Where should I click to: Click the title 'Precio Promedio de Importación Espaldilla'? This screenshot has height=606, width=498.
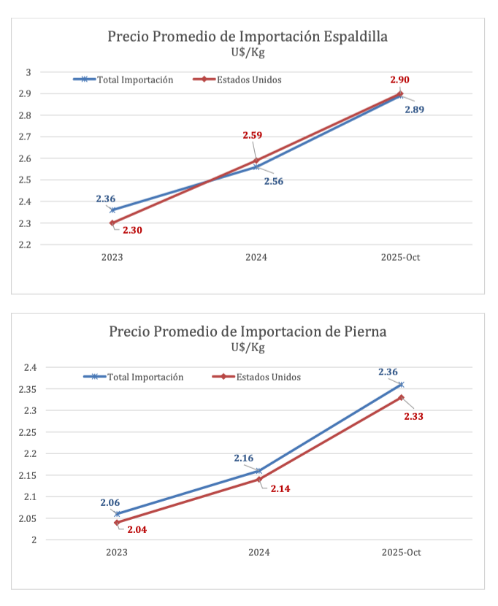pos(247,37)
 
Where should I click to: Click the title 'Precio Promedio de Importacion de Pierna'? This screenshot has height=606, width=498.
pos(248,331)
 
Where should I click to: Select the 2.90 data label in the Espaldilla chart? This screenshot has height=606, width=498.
pos(399,80)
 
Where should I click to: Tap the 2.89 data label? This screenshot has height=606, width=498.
pos(414,110)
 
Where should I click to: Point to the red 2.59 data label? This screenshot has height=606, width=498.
pos(253,135)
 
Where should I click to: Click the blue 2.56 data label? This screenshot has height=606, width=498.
pos(274,181)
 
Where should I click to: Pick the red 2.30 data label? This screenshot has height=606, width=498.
pos(132,230)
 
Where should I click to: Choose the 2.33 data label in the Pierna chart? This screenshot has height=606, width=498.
pos(413,416)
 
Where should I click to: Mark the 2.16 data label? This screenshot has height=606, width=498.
pos(243,459)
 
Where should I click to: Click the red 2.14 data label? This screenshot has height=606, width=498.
pos(280,488)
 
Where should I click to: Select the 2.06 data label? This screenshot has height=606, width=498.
pos(110,503)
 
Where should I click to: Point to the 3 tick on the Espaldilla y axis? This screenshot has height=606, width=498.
pos(29,72)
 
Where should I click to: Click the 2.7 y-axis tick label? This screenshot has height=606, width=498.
pos(25,137)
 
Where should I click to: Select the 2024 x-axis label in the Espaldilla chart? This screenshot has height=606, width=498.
pos(256,258)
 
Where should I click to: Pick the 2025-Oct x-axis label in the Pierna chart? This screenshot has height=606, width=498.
pos(401,553)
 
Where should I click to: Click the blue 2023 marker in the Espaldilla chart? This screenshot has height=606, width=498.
pos(112,210)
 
